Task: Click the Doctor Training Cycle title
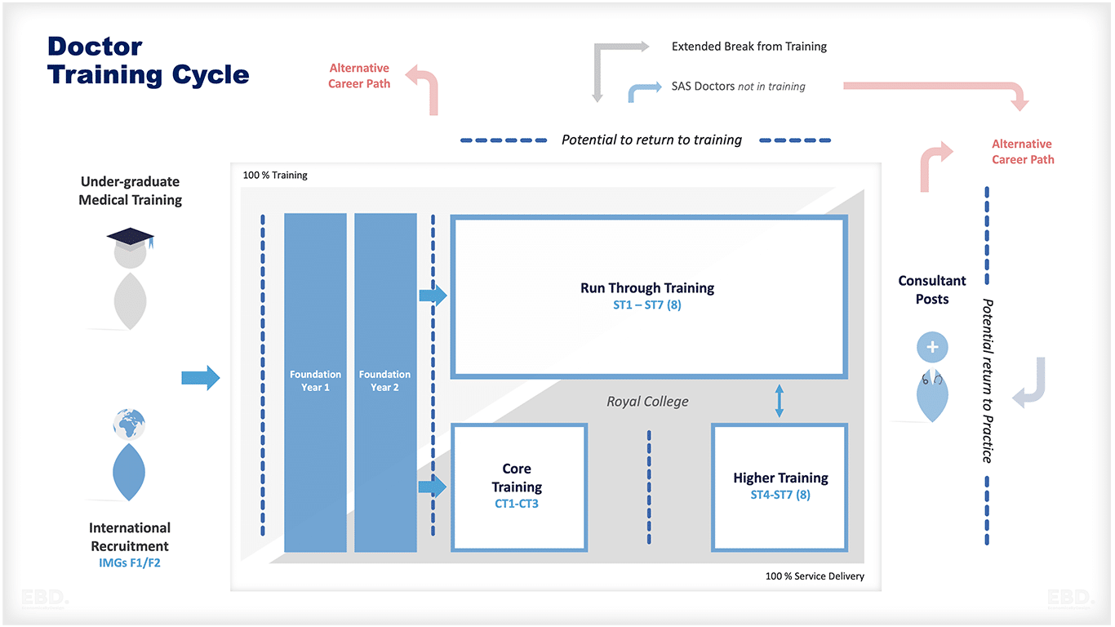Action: [148, 60]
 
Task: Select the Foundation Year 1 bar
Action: [315, 382]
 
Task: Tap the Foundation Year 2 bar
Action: [384, 382]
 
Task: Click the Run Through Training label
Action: [647, 288]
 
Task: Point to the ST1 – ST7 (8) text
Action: [647, 306]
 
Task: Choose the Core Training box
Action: [518, 487]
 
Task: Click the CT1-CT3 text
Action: [517, 504]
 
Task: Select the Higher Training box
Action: [780, 487]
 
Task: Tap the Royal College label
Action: [647, 402]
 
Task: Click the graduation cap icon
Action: [131, 238]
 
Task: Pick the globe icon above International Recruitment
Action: [130, 424]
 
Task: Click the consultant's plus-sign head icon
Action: [932, 347]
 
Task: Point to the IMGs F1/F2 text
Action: [130, 563]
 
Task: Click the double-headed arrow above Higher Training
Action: [779, 402]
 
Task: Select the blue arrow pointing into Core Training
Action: [433, 487]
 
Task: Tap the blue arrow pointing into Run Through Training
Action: [433, 296]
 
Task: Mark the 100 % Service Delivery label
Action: [815, 576]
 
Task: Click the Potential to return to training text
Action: [651, 140]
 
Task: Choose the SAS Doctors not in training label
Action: [738, 87]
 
